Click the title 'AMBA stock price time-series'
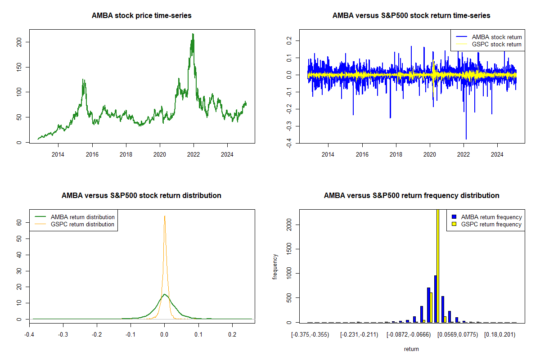pos(142,16)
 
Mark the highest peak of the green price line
pos(193,34)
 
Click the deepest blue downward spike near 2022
pos(466,139)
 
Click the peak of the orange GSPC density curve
pos(165,216)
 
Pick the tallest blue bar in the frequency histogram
pos(435,299)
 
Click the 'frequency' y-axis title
pos(275,267)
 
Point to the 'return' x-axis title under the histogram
pos(411,349)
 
